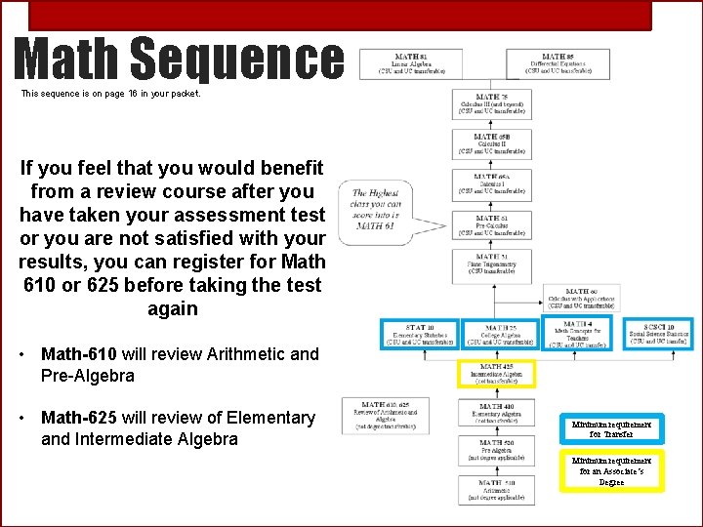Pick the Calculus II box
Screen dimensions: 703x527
493,144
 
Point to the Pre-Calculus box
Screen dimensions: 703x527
493,225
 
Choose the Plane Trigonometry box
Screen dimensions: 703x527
493,264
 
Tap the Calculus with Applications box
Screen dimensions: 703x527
581,299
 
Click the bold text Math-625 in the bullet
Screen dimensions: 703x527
79,418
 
